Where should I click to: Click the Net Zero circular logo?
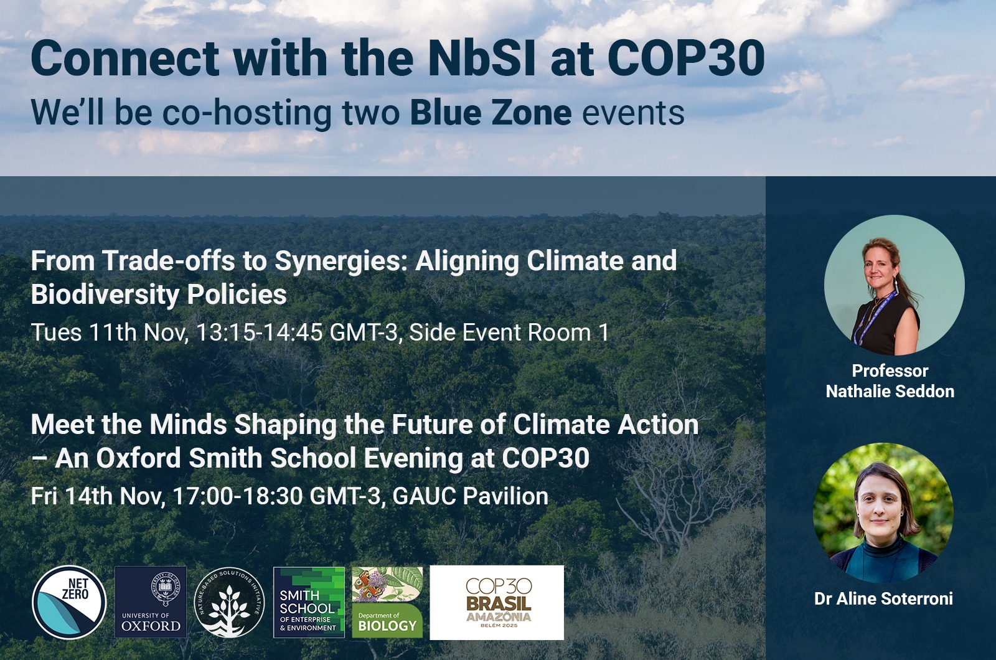69,602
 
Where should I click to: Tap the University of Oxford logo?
151,602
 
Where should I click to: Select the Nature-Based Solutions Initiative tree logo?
230,603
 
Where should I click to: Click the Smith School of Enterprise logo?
309,602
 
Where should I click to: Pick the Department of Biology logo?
387,602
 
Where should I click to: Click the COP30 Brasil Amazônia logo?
497,603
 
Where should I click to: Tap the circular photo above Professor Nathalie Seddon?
894,285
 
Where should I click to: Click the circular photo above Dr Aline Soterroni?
883,513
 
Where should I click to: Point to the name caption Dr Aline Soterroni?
883,598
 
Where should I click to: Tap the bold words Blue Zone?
491,113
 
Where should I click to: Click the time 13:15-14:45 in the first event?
259,332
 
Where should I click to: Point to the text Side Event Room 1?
509,332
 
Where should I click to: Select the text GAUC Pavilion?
471,496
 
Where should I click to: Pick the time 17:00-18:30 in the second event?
237,496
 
